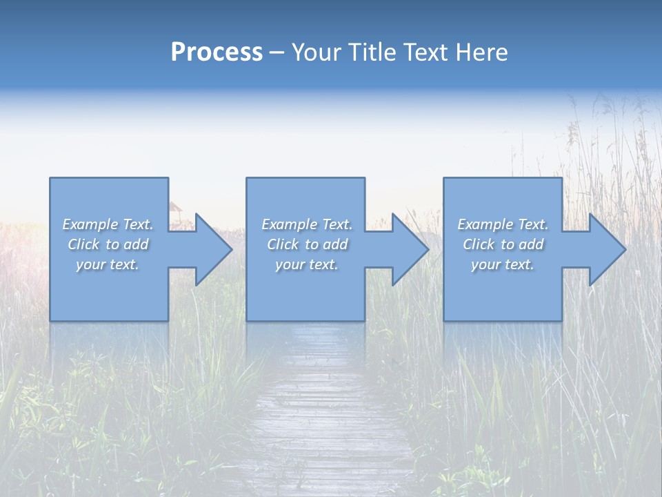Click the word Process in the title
click(217, 52)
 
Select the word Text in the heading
click(426, 52)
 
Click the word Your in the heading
click(316, 52)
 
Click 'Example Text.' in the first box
click(108, 224)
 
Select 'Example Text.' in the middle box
click(307, 224)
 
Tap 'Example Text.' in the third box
click(503, 224)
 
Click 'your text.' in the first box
click(108, 264)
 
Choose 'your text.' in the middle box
click(307, 264)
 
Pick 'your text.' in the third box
click(503, 264)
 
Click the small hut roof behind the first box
click(175, 206)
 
